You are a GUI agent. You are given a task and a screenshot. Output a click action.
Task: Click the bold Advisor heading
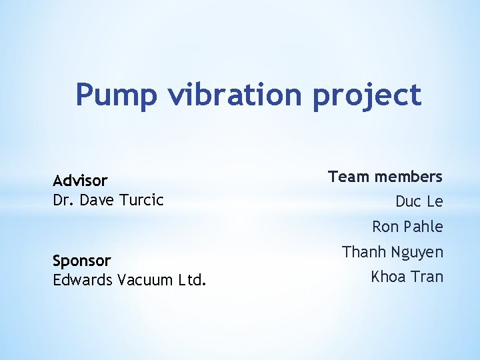[80, 181]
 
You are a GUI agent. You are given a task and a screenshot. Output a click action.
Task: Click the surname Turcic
[140, 200]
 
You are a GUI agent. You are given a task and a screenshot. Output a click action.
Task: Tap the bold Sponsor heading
[82, 260]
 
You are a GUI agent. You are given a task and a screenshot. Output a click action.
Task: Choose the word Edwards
[82, 279]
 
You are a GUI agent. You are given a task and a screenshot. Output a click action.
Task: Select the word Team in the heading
[349, 177]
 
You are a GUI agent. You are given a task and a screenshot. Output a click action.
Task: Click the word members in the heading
[409, 177]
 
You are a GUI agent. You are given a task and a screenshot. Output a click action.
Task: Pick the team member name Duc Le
[419, 201]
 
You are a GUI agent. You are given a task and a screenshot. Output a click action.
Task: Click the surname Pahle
[423, 227]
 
